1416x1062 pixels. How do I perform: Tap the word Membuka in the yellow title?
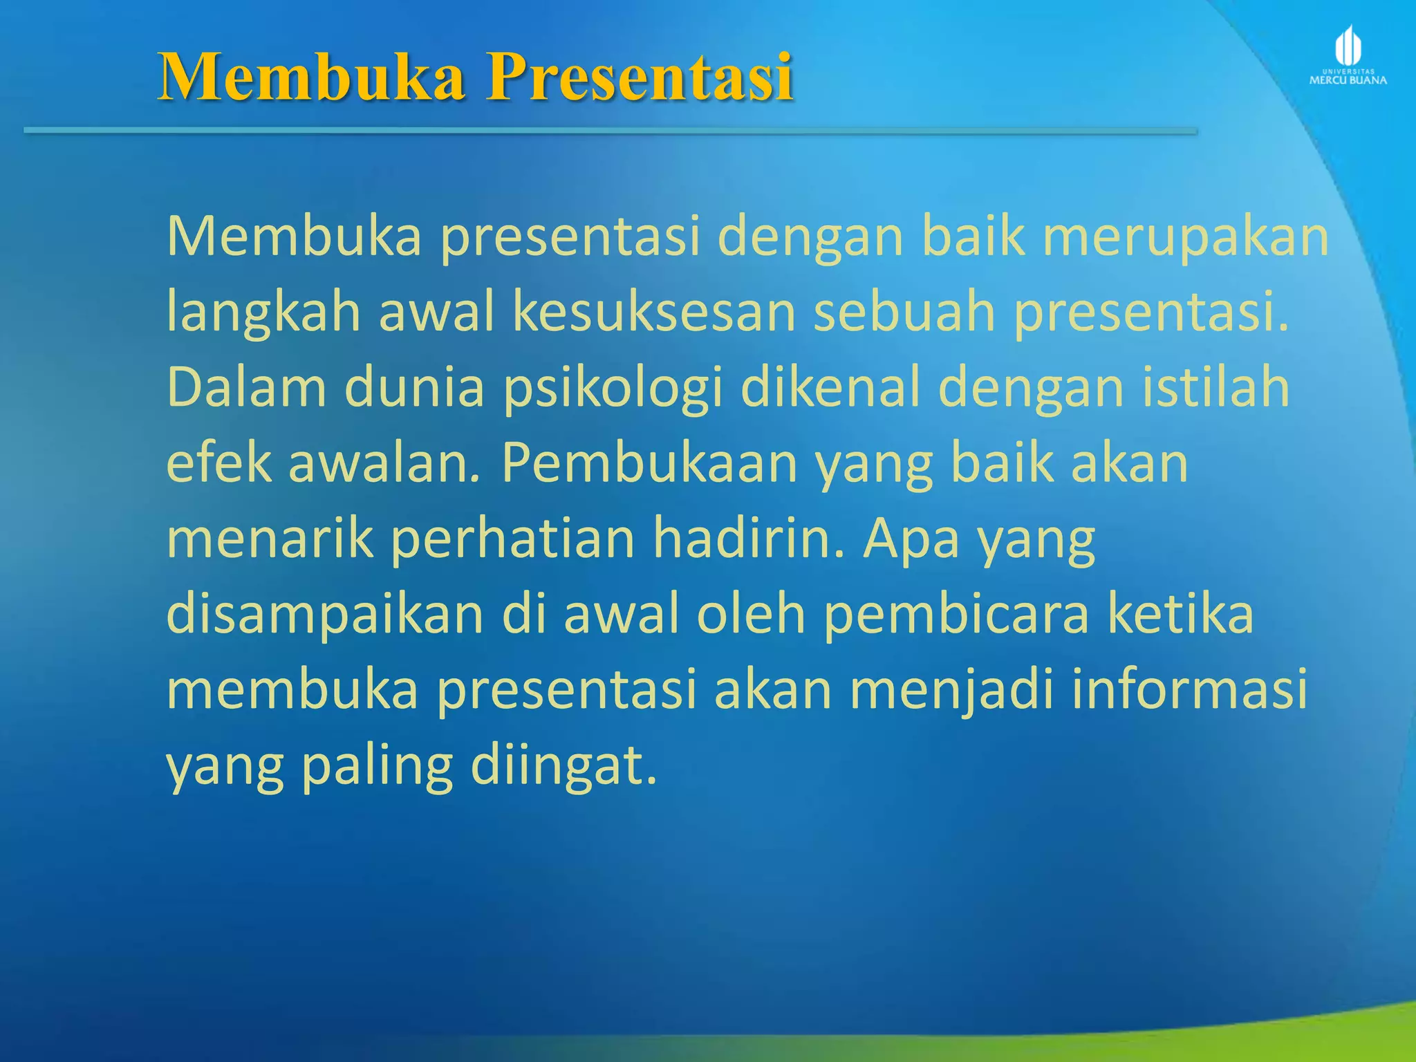pos(311,77)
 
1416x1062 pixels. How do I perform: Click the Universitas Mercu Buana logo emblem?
pos(1348,46)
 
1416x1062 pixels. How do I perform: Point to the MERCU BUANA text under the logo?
pos(1348,80)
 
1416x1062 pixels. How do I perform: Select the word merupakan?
pos(1185,237)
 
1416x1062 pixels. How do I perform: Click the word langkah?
pos(263,313)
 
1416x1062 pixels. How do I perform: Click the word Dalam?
pos(246,388)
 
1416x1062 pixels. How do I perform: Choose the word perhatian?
pos(512,541)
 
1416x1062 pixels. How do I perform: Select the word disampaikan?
pos(325,615)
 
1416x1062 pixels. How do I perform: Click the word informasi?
pos(1189,689)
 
